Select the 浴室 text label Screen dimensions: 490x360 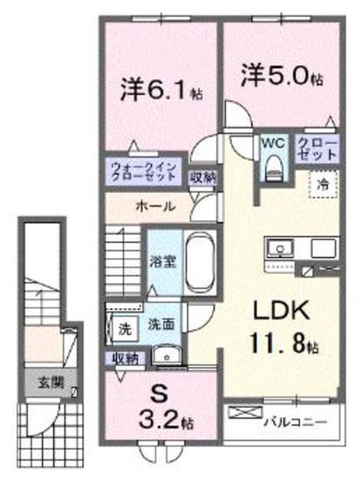coord(165,261)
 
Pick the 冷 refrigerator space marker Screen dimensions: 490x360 coord(325,184)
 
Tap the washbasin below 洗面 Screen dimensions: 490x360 coord(165,353)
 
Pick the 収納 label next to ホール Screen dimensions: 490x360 coord(203,177)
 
